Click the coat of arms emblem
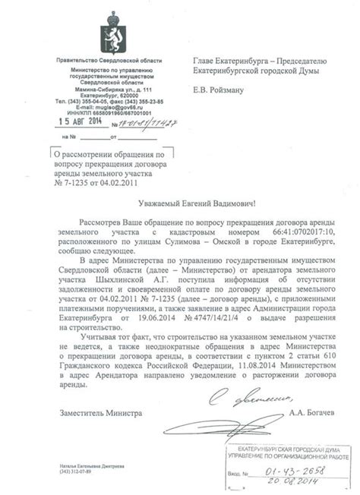[x=111, y=36]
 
